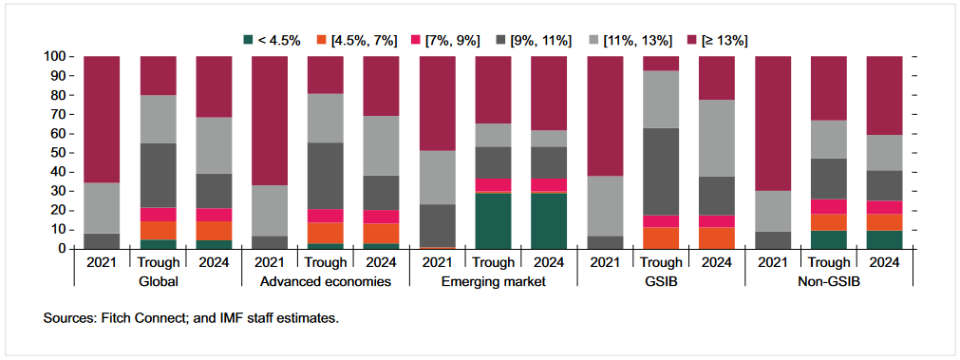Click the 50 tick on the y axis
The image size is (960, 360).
coord(56,153)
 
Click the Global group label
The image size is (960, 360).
coord(158,281)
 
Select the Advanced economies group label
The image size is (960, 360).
coord(326,281)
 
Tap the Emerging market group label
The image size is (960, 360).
coord(494,281)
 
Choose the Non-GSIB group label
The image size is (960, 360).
coord(829,281)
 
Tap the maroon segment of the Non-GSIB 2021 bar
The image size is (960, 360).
coord(773,123)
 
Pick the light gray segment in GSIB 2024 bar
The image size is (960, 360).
coord(717,138)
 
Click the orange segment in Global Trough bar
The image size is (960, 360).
coord(158,230)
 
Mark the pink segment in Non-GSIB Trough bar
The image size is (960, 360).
coord(829,206)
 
